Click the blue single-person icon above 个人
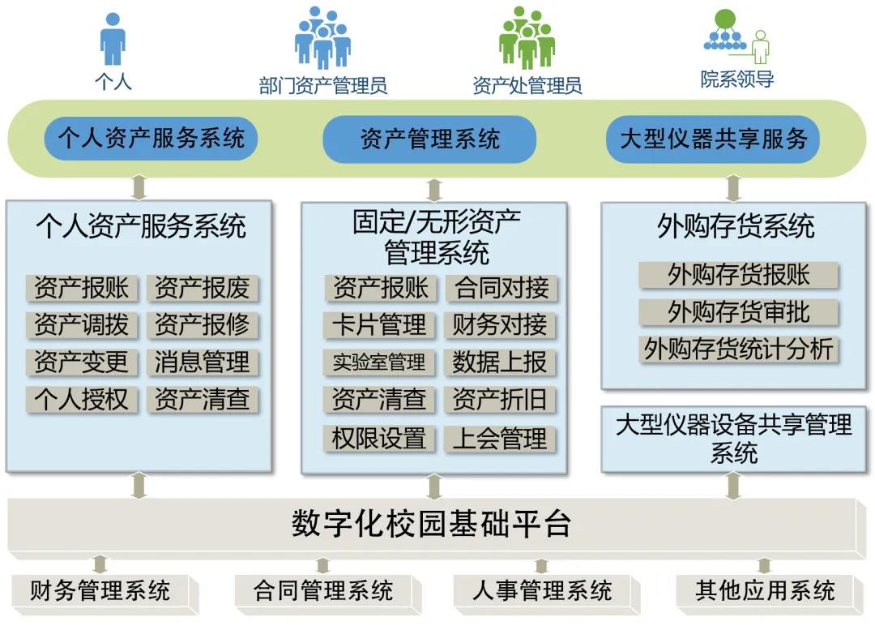[x=113, y=39]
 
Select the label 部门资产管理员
[x=322, y=85]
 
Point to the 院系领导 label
[x=737, y=79]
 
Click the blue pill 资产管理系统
[x=429, y=139]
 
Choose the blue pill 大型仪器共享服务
[x=713, y=139]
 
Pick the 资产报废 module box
[x=203, y=288]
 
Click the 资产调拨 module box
[x=82, y=325]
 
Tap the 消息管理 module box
[x=203, y=362]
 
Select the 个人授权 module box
[x=82, y=399]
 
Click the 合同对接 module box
[x=502, y=288]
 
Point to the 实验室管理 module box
[x=379, y=362]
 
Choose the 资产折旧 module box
[x=500, y=399]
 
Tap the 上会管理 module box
[x=500, y=439]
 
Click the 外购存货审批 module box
[x=738, y=312]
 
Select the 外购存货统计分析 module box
[x=738, y=349]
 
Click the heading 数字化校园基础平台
[x=431, y=524]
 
